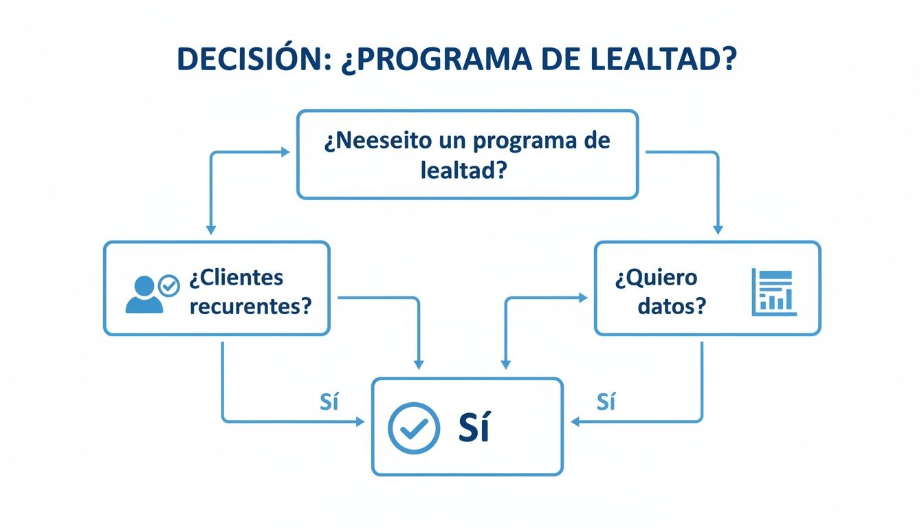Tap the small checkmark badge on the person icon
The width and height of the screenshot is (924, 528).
pos(168,285)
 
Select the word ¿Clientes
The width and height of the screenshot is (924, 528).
pos(236,278)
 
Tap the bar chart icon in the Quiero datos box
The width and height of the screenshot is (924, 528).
pos(773,292)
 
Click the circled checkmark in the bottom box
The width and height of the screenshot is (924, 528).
pos(413,427)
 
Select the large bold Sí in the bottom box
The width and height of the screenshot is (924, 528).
pos(474,428)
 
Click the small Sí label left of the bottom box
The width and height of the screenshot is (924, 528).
pos(329,402)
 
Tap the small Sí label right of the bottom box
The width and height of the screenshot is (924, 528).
pos(606,402)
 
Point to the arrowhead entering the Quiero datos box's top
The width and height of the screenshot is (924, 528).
pos(718,230)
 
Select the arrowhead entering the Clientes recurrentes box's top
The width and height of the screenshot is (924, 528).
pos(211,230)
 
